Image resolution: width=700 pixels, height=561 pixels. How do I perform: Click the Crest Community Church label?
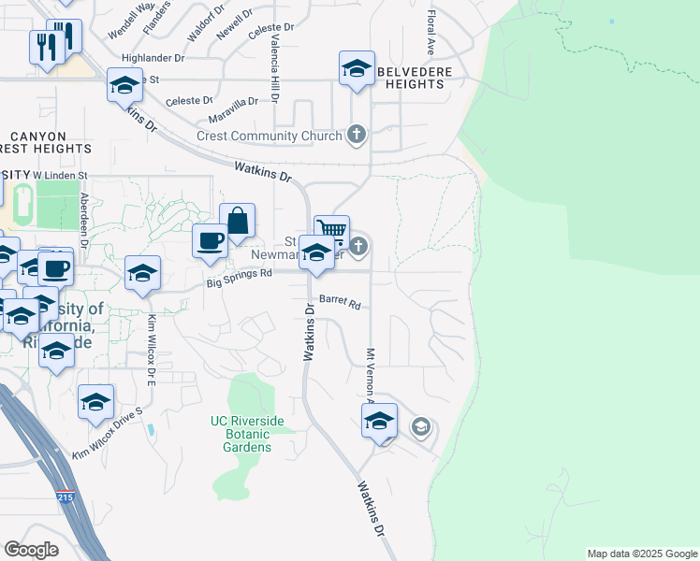[x=270, y=137]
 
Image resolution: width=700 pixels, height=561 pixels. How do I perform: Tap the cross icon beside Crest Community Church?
[x=356, y=136]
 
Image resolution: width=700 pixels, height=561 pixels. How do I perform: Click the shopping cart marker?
[x=331, y=230]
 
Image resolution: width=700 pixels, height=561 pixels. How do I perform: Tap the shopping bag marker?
[x=238, y=221]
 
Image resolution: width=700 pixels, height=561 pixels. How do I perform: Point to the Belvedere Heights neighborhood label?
[x=413, y=78]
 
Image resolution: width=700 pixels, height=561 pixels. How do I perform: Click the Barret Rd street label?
[x=340, y=303]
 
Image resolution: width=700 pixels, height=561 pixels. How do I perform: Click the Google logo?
[x=31, y=550]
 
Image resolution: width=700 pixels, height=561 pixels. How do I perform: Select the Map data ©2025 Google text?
[x=641, y=554]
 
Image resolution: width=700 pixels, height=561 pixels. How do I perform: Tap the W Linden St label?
[x=60, y=175]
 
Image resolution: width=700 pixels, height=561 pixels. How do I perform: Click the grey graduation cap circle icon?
[x=420, y=428]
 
